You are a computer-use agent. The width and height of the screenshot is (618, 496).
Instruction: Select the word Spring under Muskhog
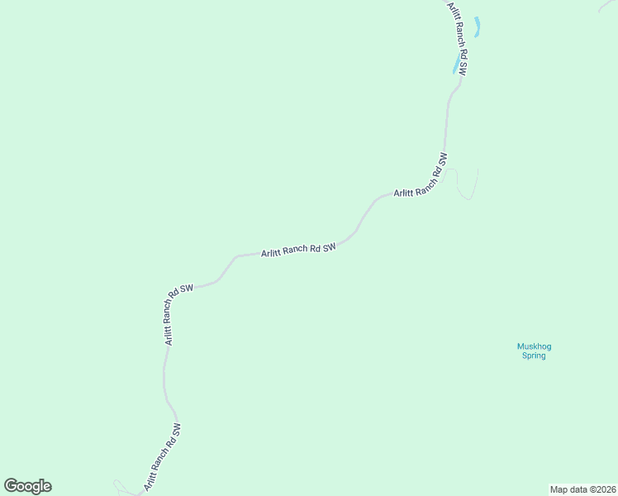point(534,355)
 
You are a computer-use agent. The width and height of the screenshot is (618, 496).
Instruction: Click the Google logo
point(27,486)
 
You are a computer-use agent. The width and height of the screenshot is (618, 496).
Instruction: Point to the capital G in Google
point(11,486)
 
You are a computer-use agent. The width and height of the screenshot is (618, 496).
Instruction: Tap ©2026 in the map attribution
point(598,489)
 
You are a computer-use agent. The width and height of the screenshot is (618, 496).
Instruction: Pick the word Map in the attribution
point(559,489)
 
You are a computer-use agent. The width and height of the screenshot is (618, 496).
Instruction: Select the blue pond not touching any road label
point(477,27)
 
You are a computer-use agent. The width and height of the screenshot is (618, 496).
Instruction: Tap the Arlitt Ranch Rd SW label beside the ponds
point(458,39)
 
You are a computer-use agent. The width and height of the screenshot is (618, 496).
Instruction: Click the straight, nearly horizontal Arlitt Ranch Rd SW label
point(298,250)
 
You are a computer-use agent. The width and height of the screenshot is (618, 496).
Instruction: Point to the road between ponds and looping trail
point(447,116)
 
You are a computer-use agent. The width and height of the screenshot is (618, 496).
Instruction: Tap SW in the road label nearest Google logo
point(175,432)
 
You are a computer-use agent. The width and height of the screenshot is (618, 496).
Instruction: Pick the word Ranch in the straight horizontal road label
point(295,250)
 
